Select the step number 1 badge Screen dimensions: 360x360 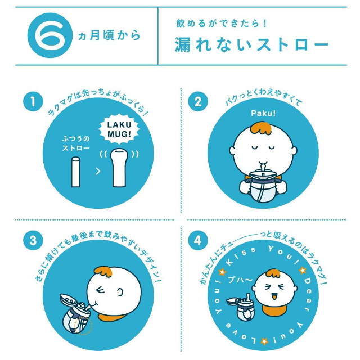pos(33,102)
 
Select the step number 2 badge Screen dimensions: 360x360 pos(197,102)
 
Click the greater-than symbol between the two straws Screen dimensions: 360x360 pos(98,171)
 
